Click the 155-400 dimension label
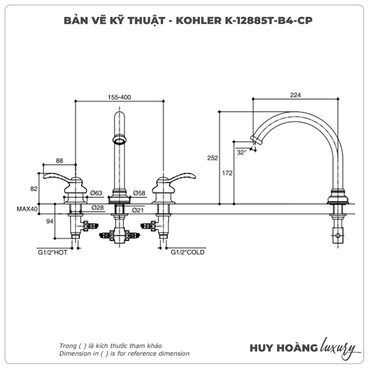(120, 97)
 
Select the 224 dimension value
(296, 95)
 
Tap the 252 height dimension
(213, 158)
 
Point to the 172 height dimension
(228, 173)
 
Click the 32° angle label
(241, 152)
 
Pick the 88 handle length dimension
(60, 160)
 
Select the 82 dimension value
(34, 188)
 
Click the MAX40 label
(27, 209)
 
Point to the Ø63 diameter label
(96, 193)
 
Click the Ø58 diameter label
(139, 193)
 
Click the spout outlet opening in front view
(119, 140)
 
